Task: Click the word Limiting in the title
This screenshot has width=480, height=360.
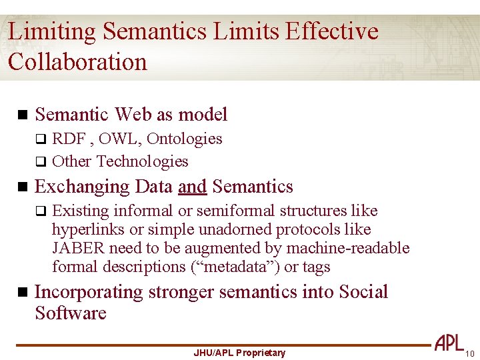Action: (53, 32)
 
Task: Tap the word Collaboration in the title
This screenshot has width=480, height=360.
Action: (77, 62)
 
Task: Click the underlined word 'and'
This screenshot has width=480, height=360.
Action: (192, 187)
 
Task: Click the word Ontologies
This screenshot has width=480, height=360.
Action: (184, 139)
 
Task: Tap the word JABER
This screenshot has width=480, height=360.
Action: (79, 248)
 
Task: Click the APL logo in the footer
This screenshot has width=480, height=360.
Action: (449, 343)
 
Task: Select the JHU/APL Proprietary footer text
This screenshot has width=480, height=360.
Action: (239, 353)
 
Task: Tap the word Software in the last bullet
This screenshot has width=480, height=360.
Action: (71, 313)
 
